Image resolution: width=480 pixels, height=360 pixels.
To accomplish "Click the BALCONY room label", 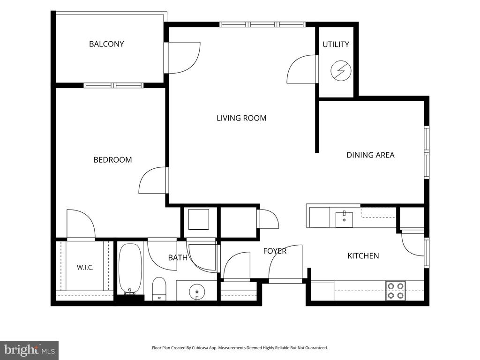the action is tap(106, 44).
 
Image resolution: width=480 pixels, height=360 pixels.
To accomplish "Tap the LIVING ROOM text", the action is tap(241, 118).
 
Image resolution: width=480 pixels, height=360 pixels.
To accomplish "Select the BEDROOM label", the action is tap(112, 160).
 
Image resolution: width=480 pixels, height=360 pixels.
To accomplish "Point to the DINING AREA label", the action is tap(370, 155).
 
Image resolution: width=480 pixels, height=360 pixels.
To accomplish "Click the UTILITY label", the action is tap(336, 45).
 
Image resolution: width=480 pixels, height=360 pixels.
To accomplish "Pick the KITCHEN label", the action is tap(363, 255).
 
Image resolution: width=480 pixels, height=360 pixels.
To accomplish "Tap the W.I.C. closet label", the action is tap(85, 268).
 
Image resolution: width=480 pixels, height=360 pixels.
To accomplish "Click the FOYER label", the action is tap(275, 251).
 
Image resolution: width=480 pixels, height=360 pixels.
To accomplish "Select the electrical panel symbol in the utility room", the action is tap(341, 71).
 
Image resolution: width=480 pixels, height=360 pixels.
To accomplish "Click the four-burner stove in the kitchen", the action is tap(396, 291).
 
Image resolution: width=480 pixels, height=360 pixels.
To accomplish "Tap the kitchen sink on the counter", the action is tap(344, 219).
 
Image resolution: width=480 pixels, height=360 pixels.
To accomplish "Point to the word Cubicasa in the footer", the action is tap(199, 348).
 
